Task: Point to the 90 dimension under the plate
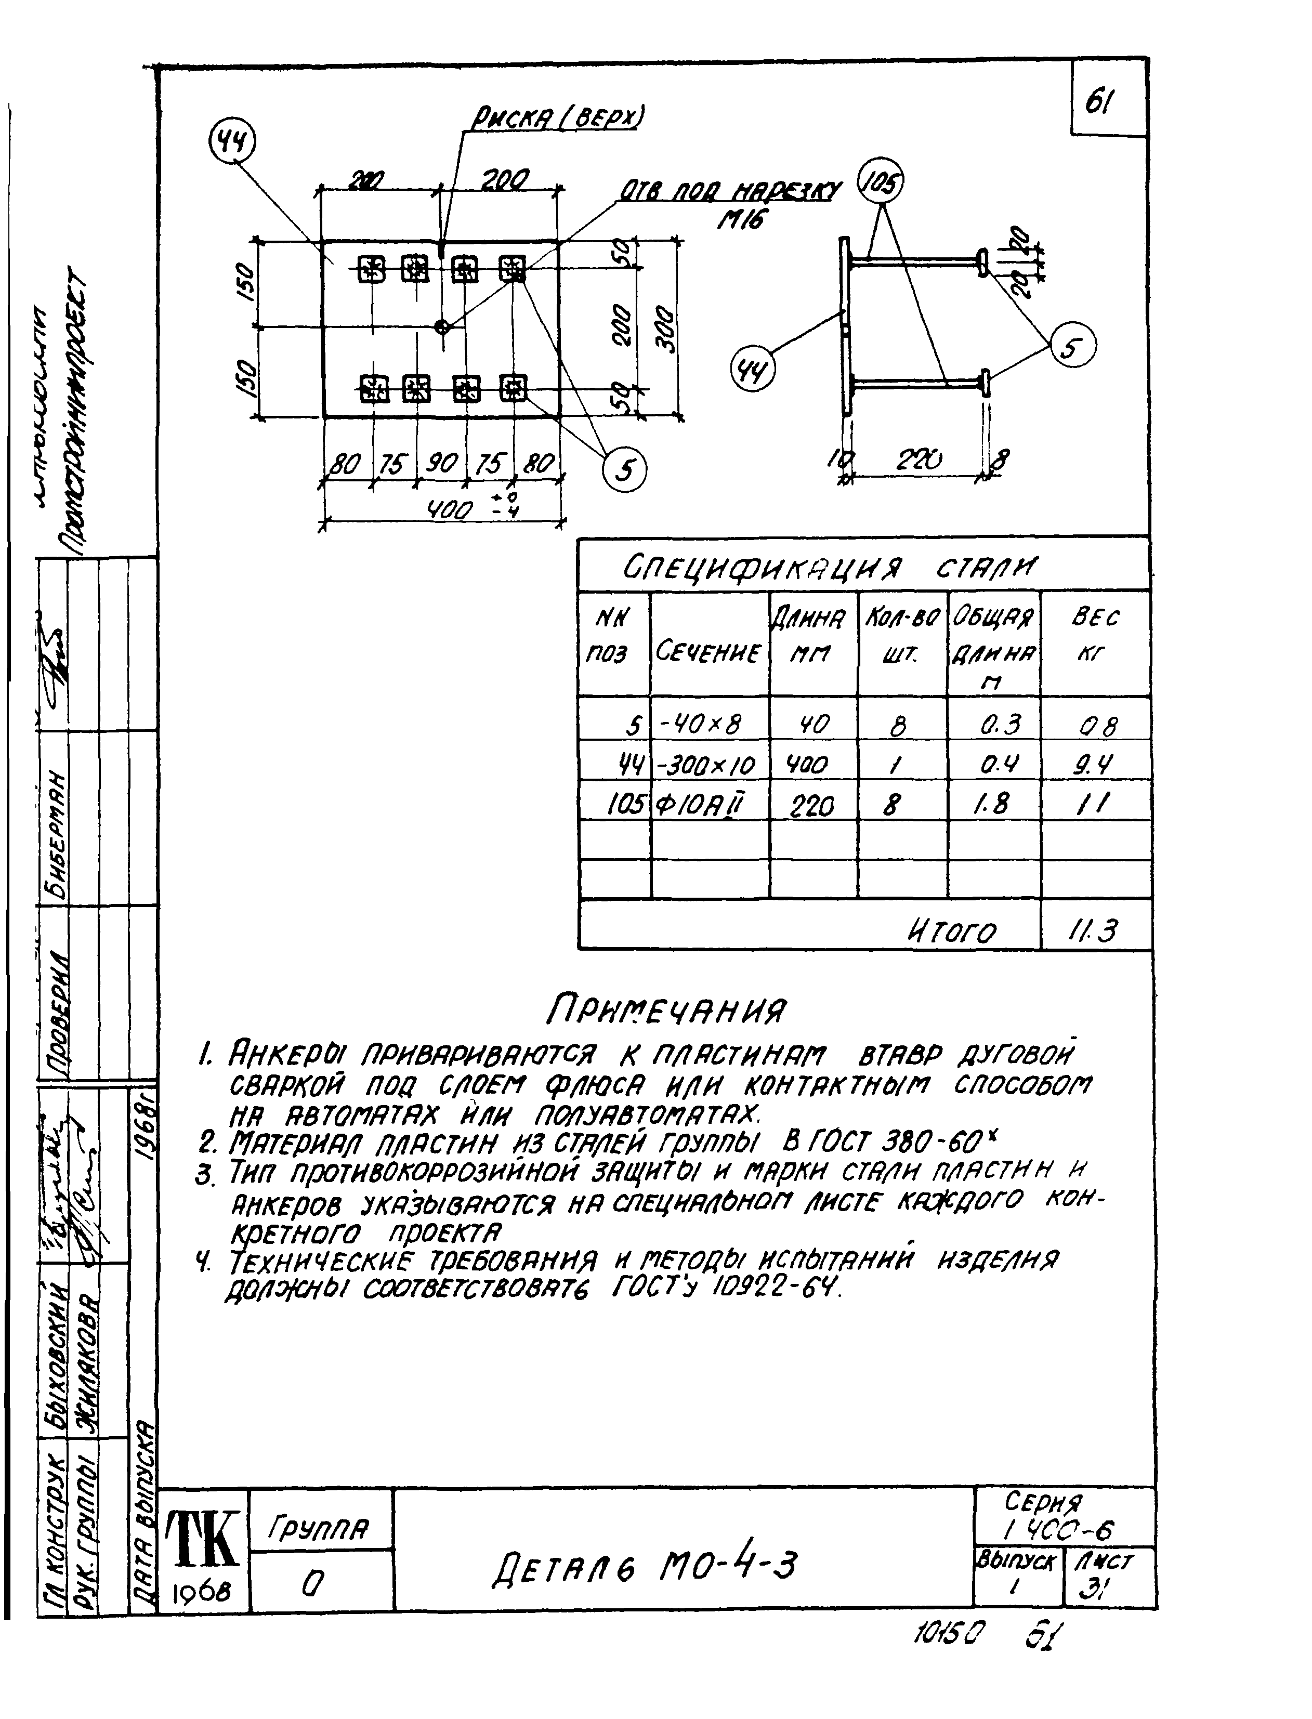point(441,464)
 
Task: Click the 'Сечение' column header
point(709,651)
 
